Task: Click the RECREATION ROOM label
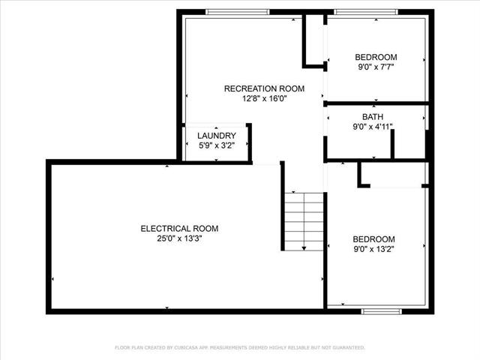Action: point(264,88)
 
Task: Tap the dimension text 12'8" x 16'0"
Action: point(265,98)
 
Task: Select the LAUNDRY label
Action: point(217,136)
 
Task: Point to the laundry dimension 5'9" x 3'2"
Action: point(217,145)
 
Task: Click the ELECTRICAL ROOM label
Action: point(179,229)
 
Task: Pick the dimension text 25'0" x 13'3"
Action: point(180,238)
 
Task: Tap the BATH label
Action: point(373,117)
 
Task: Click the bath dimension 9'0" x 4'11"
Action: point(373,127)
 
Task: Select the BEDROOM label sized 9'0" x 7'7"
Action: point(376,57)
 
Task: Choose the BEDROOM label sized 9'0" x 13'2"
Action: point(373,239)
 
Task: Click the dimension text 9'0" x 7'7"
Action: point(376,67)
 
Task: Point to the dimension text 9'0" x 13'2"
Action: point(373,249)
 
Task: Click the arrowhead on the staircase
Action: point(304,248)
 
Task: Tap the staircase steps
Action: point(304,222)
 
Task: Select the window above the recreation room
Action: point(238,12)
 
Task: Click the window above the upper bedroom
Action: point(366,12)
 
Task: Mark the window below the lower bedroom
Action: point(382,311)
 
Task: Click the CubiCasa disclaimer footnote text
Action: point(240,347)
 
